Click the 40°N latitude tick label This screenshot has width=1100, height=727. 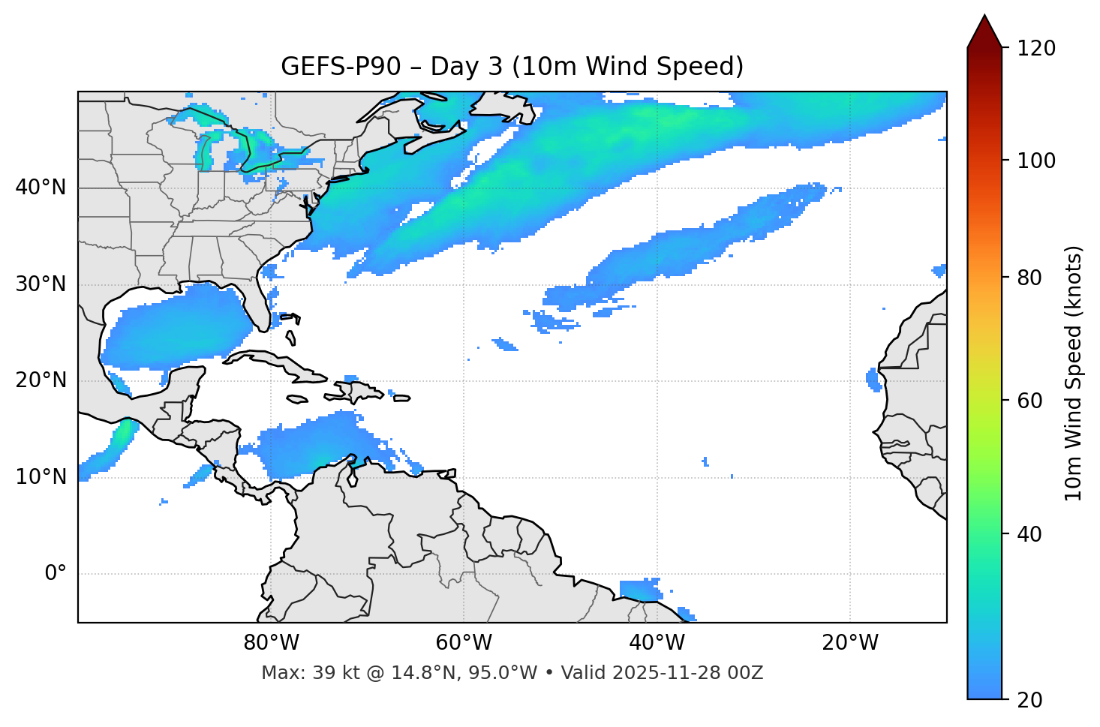pyautogui.click(x=41, y=188)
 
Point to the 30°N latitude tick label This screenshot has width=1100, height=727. pyautogui.click(x=41, y=284)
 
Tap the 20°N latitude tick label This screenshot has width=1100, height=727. pyautogui.click(x=41, y=380)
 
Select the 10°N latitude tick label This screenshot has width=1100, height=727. pyautogui.click(x=41, y=477)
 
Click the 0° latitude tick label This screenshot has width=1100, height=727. pyautogui.click(x=56, y=574)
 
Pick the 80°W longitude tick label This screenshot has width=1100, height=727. pyautogui.click(x=271, y=643)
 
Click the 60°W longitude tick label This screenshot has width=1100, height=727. pyautogui.click(x=464, y=643)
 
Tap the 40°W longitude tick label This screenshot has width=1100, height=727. pyautogui.click(x=657, y=643)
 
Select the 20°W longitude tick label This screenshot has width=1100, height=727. pyautogui.click(x=849, y=643)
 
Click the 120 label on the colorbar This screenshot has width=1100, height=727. pyautogui.click(x=1036, y=49)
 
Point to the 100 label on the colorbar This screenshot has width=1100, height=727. pyautogui.click(x=1036, y=161)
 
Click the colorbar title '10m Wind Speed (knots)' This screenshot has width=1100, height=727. pyautogui.click(x=1074, y=373)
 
